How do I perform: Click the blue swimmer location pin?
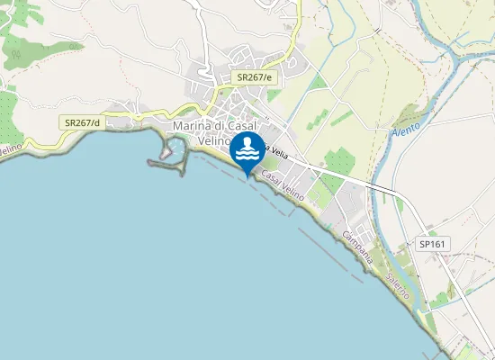[247, 151]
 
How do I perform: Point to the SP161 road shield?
[433, 244]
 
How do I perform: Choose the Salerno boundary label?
[399, 283]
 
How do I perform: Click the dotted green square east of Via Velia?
[341, 162]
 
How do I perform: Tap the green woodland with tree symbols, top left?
[20, 49]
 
